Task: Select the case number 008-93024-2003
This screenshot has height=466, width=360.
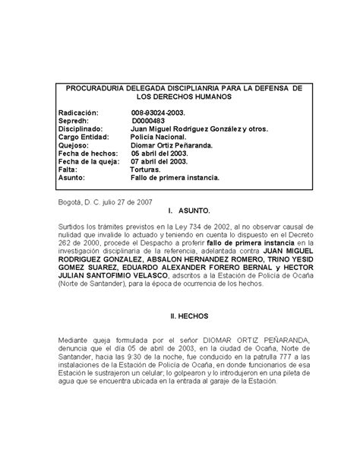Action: point(159,112)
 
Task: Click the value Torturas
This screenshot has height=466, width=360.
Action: point(147,169)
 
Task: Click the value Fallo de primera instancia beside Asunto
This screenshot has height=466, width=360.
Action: point(175,177)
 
